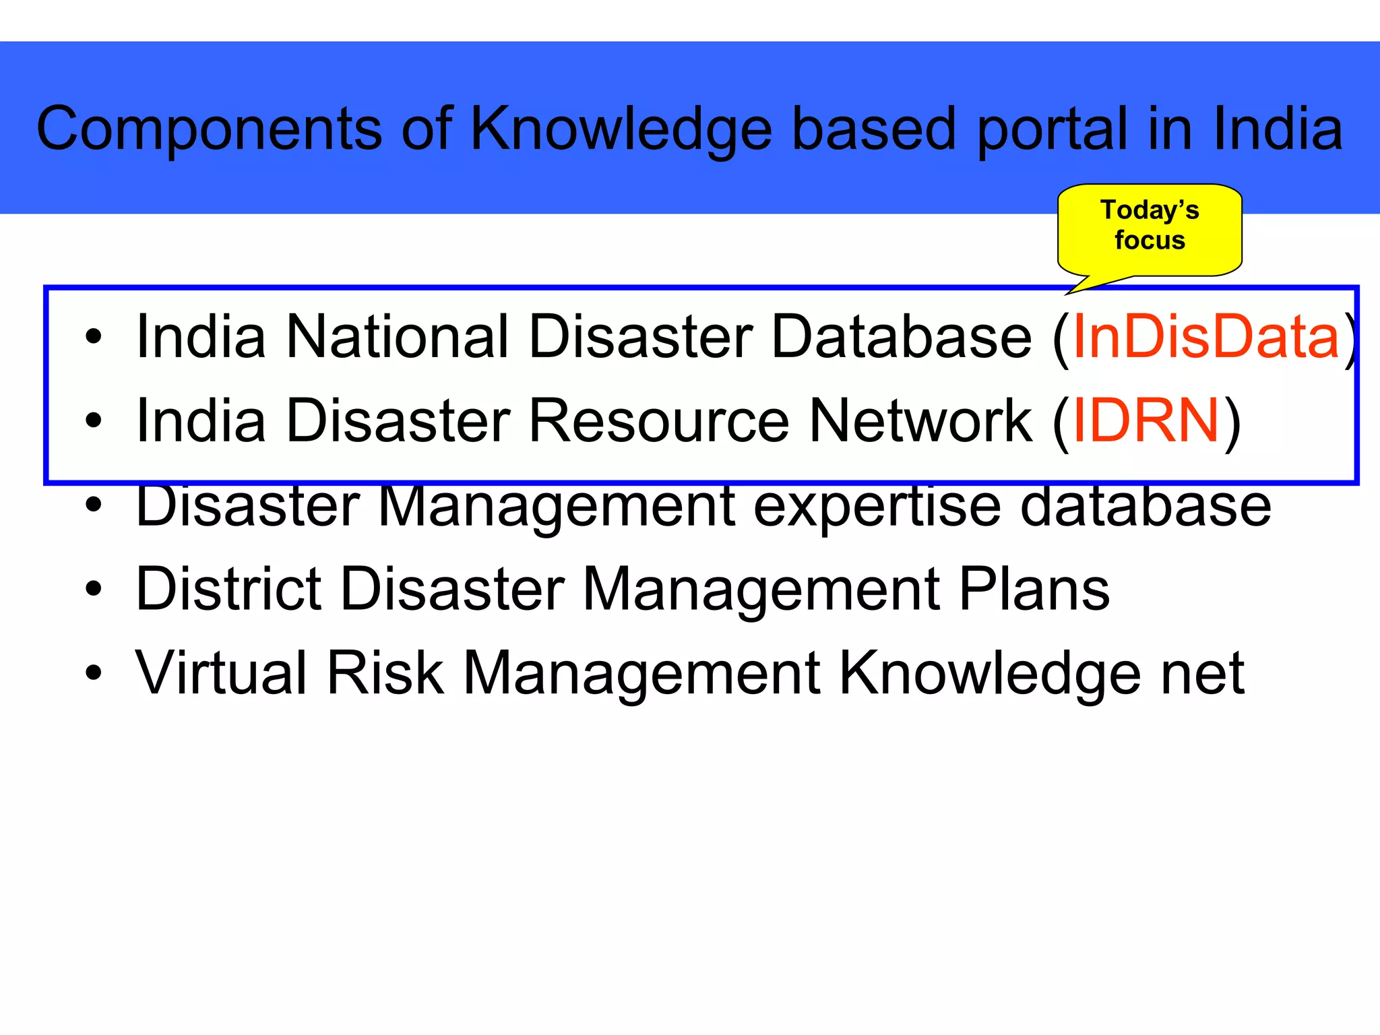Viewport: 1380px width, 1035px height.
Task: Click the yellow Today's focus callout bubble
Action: point(1150,226)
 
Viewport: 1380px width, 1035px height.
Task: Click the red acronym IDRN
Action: point(1146,420)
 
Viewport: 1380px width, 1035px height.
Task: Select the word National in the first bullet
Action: point(398,336)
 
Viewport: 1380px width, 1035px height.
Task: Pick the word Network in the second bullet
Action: point(920,420)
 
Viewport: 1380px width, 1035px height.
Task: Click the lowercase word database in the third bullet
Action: point(1146,507)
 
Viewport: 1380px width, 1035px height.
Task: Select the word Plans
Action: point(1034,589)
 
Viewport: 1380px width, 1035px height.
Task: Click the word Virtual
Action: point(222,672)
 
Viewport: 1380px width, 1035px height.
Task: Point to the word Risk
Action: point(385,672)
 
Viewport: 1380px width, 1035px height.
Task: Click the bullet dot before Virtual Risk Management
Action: point(94,672)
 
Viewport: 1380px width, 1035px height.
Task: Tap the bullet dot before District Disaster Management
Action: point(94,589)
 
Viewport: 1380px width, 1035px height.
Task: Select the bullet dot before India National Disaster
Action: point(94,336)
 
